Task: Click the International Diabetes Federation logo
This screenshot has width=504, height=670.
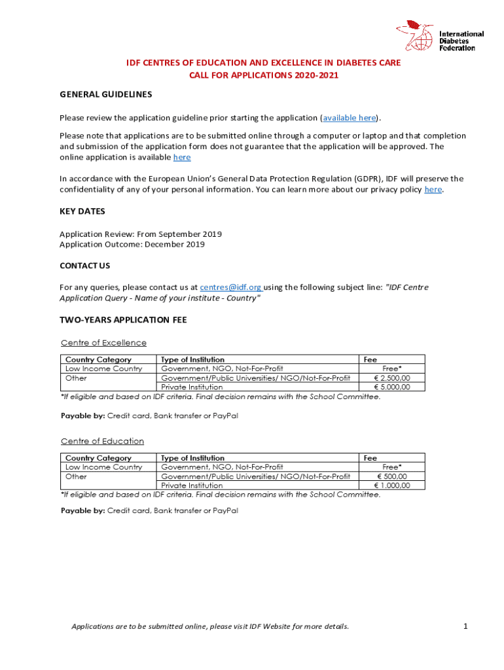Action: (x=440, y=37)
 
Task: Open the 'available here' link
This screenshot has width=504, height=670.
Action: (x=349, y=118)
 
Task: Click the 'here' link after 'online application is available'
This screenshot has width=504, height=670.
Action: (x=182, y=158)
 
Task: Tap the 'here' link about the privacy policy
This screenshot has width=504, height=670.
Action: (x=433, y=190)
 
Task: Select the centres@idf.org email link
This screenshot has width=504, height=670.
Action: (x=230, y=287)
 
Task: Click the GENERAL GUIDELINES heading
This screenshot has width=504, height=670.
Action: (x=106, y=94)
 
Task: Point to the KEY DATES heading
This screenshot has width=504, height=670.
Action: (x=82, y=211)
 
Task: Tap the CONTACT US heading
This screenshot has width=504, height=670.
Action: (x=85, y=266)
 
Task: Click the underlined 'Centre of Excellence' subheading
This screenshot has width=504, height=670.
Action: (x=103, y=343)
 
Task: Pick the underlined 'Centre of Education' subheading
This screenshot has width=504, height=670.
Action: (x=102, y=442)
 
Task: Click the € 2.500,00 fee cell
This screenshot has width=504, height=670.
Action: (x=392, y=378)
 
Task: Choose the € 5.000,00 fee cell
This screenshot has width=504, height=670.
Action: (x=392, y=387)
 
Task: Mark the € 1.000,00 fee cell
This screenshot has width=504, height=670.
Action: (x=392, y=485)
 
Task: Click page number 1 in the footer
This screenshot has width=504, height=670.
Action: (x=465, y=626)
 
